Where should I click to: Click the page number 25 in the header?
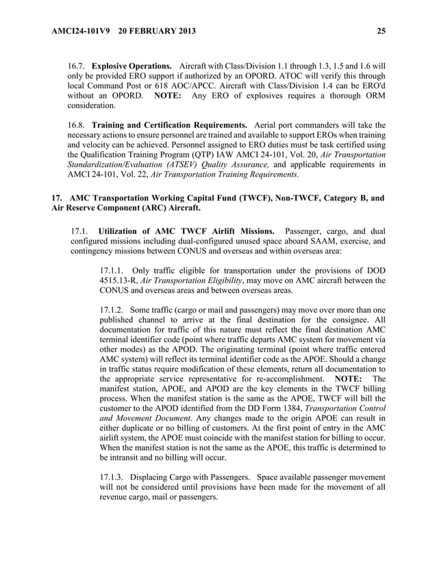point(381,30)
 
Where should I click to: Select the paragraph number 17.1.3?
point(112,477)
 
